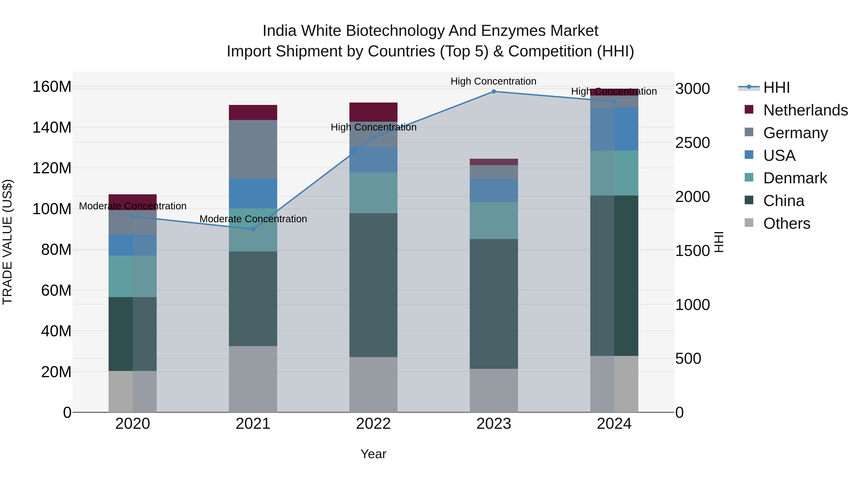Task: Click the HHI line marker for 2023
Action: pyautogui.click(x=494, y=92)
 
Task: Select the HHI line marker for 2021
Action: pyautogui.click(x=253, y=229)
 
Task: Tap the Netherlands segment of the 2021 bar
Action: pyautogui.click(x=253, y=113)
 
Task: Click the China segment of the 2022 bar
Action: pyautogui.click(x=373, y=285)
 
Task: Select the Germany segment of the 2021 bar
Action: pyautogui.click(x=253, y=149)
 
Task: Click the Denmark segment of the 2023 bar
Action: pyautogui.click(x=494, y=220)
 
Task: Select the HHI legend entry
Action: pyautogui.click(x=776, y=87)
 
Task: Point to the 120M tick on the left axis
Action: pyautogui.click(x=52, y=168)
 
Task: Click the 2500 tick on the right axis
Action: pyautogui.click(x=693, y=143)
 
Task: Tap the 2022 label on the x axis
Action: pyautogui.click(x=373, y=424)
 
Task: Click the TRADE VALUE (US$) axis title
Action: pyautogui.click(x=8, y=242)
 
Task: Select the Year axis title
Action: pyautogui.click(x=373, y=454)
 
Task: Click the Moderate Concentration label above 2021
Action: pyautogui.click(x=253, y=219)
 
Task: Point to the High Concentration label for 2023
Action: pyautogui.click(x=493, y=81)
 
